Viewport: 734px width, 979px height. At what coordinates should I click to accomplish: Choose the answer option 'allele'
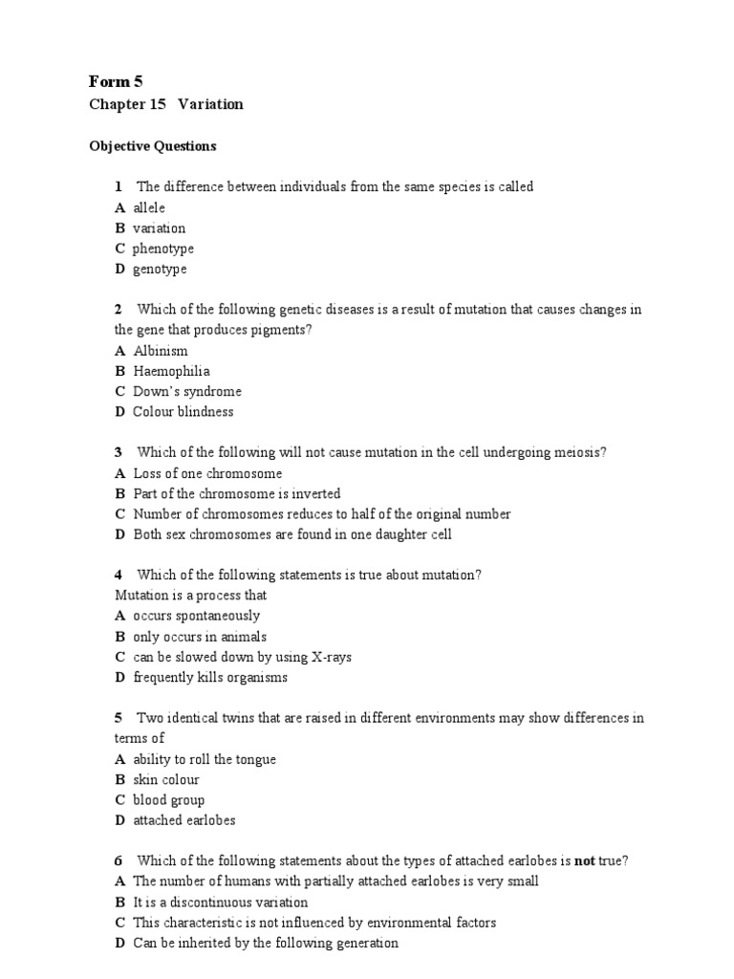pos(149,207)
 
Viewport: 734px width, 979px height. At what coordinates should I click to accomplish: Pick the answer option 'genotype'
pos(160,269)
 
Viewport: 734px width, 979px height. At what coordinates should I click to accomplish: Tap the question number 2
pos(118,309)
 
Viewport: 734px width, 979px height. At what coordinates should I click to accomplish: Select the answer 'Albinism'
pos(161,351)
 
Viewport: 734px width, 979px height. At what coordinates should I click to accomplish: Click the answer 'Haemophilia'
pos(171,371)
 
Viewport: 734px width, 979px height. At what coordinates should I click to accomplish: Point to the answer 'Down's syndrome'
pos(187,391)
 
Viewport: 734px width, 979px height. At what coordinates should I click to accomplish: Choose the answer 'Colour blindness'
pos(183,412)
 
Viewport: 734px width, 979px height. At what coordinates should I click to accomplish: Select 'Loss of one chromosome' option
pos(207,473)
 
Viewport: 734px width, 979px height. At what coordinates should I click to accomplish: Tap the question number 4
pos(118,575)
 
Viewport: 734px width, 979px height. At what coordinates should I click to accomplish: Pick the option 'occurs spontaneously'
pos(196,616)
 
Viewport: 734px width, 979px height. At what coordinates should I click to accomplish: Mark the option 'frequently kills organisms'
pos(210,678)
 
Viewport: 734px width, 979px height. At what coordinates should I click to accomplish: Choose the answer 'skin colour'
pos(166,779)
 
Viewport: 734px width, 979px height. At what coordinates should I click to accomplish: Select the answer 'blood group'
pos(169,800)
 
